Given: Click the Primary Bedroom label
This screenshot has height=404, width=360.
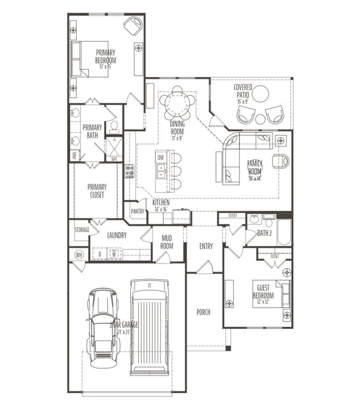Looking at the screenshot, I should [x=105, y=57].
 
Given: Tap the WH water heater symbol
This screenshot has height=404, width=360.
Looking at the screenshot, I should [x=79, y=255].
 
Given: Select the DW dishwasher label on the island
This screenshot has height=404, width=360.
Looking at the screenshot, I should [x=161, y=158].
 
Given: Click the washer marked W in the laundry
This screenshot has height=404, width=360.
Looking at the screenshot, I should [x=114, y=254].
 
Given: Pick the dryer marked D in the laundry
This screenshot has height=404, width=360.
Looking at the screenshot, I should [x=100, y=254].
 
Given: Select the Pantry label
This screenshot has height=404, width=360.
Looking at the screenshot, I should [x=137, y=211].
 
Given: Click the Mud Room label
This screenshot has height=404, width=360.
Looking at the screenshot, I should [x=167, y=242].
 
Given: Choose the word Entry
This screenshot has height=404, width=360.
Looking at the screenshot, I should [x=206, y=246].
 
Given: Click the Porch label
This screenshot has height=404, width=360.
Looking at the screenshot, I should [x=203, y=312].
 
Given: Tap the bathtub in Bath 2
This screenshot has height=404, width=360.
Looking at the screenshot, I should [x=284, y=232].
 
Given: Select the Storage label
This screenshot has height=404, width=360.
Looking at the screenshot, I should [x=82, y=230].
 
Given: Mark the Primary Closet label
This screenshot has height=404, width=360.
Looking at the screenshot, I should [x=97, y=191].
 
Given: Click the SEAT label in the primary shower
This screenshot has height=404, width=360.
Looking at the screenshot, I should [x=114, y=159].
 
